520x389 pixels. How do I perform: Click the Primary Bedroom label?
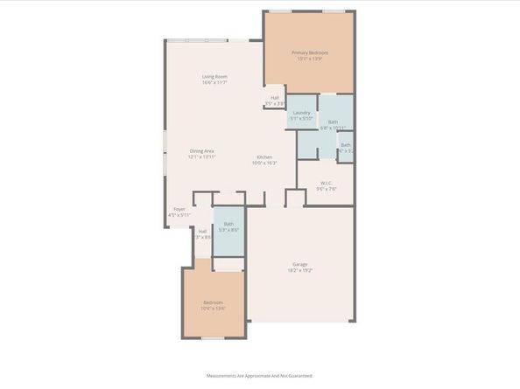(x=310, y=52)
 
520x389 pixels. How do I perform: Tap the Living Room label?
(x=215, y=77)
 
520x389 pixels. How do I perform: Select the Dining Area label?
(x=202, y=151)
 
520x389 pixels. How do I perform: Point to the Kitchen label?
(x=264, y=156)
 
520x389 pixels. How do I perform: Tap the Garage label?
(x=300, y=264)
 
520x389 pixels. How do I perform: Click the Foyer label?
(x=179, y=210)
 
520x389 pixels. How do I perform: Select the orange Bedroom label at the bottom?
(x=214, y=302)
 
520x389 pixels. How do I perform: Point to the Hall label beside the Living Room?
(x=275, y=98)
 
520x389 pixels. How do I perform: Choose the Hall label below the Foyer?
(x=202, y=232)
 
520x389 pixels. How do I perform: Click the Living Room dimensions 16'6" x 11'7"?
(x=215, y=83)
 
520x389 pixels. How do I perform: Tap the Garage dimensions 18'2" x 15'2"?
(x=300, y=270)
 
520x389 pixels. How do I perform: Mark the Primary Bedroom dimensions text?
(x=310, y=59)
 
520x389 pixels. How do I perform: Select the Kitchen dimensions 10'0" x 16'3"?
(x=264, y=163)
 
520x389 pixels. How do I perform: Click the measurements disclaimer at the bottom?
(x=260, y=376)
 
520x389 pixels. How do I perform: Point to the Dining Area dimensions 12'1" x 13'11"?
(x=202, y=157)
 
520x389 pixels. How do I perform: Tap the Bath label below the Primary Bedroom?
(x=333, y=122)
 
